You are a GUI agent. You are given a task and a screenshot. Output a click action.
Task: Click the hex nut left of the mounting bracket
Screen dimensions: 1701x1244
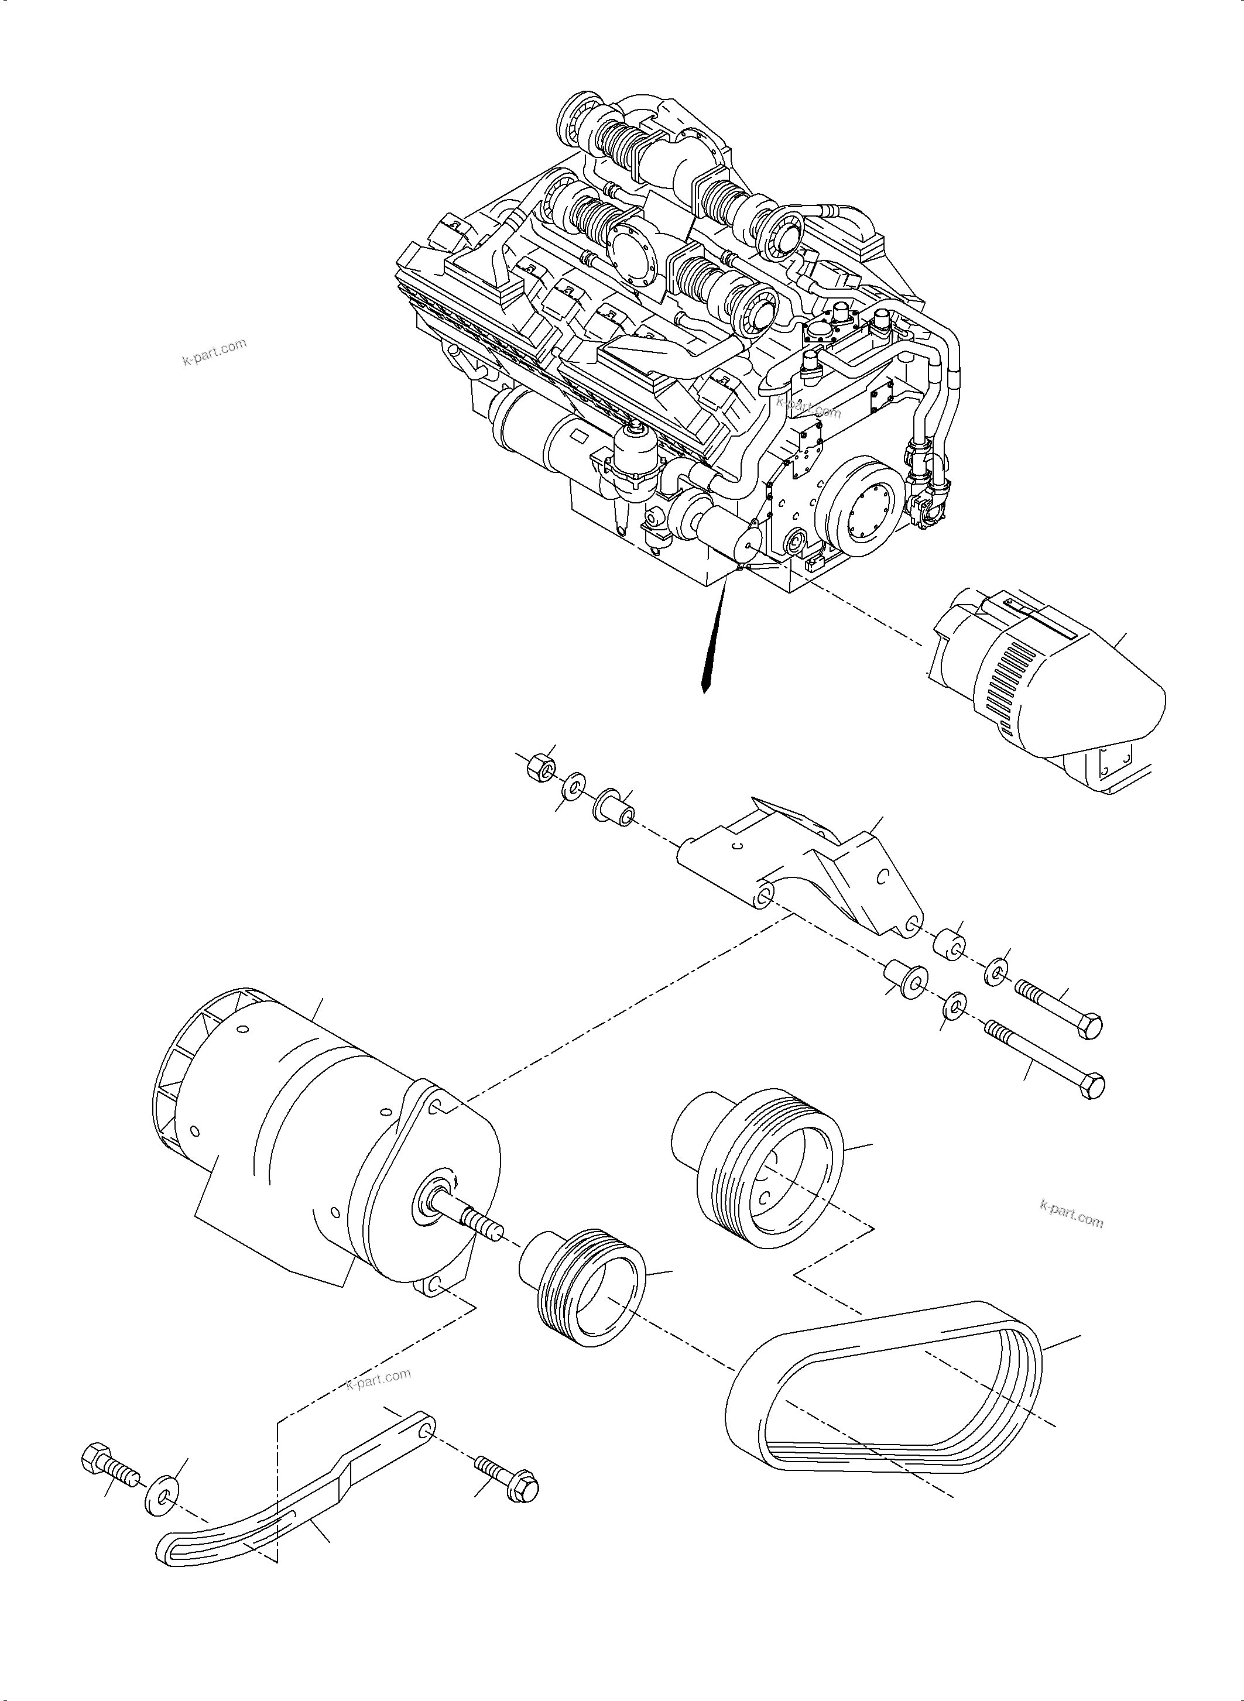click(x=539, y=769)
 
